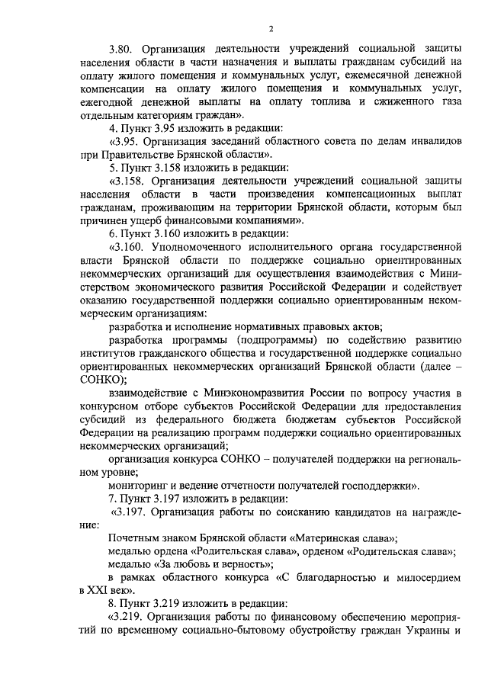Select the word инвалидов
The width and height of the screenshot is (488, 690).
pyautogui.click(x=427, y=141)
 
